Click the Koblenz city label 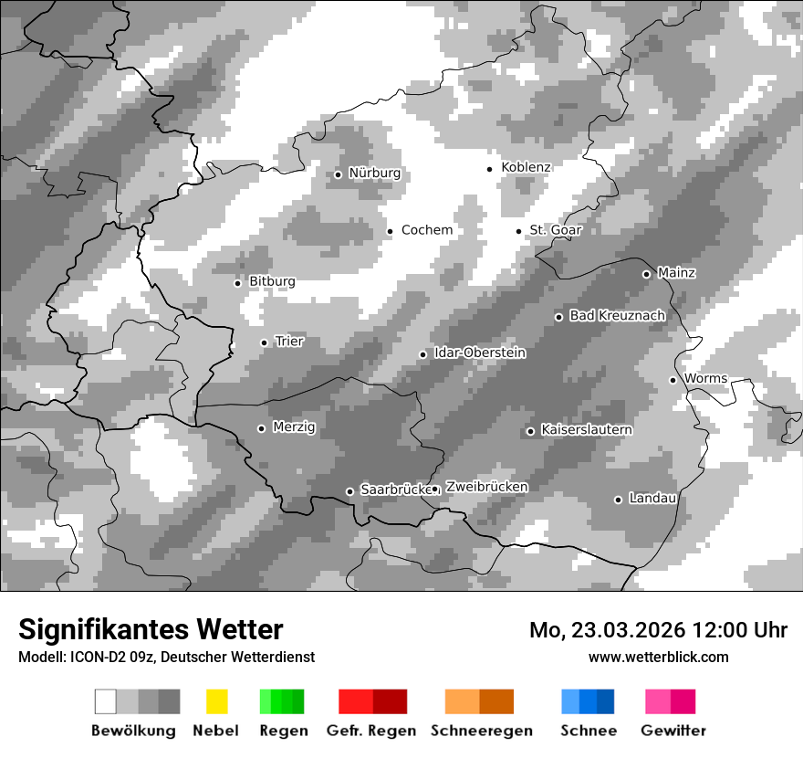pyautogui.click(x=526, y=168)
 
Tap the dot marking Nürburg pyautogui.click(x=338, y=174)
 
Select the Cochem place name pyautogui.click(x=426, y=230)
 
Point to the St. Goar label pyautogui.click(x=555, y=230)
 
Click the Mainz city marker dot pyautogui.click(x=646, y=274)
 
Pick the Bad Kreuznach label pyautogui.click(x=617, y=316)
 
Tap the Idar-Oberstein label pyautogui.click(x=479, y=353)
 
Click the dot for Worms pyautogui.click(x=673, y=380)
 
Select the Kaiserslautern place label pyautogui.click(x=586, y=430)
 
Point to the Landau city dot pyautogui.click(x=618, y=500)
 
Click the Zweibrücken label pyautogui.click(x=486, y=488)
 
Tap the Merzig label pyautogui.click(x=294, y=427)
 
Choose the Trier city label pyautogui.click(x=288, y=342)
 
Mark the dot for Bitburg pyautogui.click(x=237, y=283)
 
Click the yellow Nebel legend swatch pyautogui.click(x=216, y=701)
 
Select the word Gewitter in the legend pyautogui.click(x=673, y=731)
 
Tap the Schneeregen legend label pyautogui.click(x=482, y=731)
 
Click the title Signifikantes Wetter pyautogui.click(x=151, y=630)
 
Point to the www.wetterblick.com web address pyautogui.click(x=658, y=658)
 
